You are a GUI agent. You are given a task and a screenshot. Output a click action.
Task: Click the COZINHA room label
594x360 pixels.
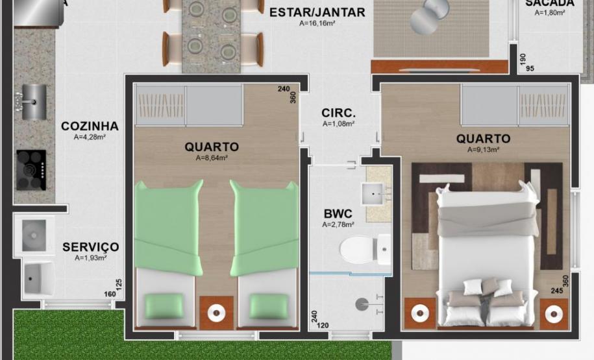(x=90, y=126)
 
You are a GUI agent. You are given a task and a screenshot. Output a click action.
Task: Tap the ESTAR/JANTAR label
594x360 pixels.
(x=317, y=12)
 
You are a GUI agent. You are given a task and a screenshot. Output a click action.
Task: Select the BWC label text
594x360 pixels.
(x=338, y=213)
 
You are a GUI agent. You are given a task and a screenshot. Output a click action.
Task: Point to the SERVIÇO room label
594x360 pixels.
(x=90, y=247)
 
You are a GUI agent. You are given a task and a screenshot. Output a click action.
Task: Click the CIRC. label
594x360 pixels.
(x=338, y=113)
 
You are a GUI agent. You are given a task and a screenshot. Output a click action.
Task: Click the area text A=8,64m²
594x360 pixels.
(x=211, y=158)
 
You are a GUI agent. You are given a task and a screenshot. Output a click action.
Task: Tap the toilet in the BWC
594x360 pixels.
(x=363, y=248)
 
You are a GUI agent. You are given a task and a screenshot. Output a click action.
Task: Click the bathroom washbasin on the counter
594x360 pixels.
(x=374, y=192)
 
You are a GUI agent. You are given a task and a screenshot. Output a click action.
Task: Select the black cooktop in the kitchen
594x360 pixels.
(x=31, y=170)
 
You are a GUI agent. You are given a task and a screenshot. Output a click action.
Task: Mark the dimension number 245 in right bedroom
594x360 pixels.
(x=556, y=291)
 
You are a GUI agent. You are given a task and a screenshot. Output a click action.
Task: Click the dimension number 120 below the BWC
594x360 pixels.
(x=323, y=326)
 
